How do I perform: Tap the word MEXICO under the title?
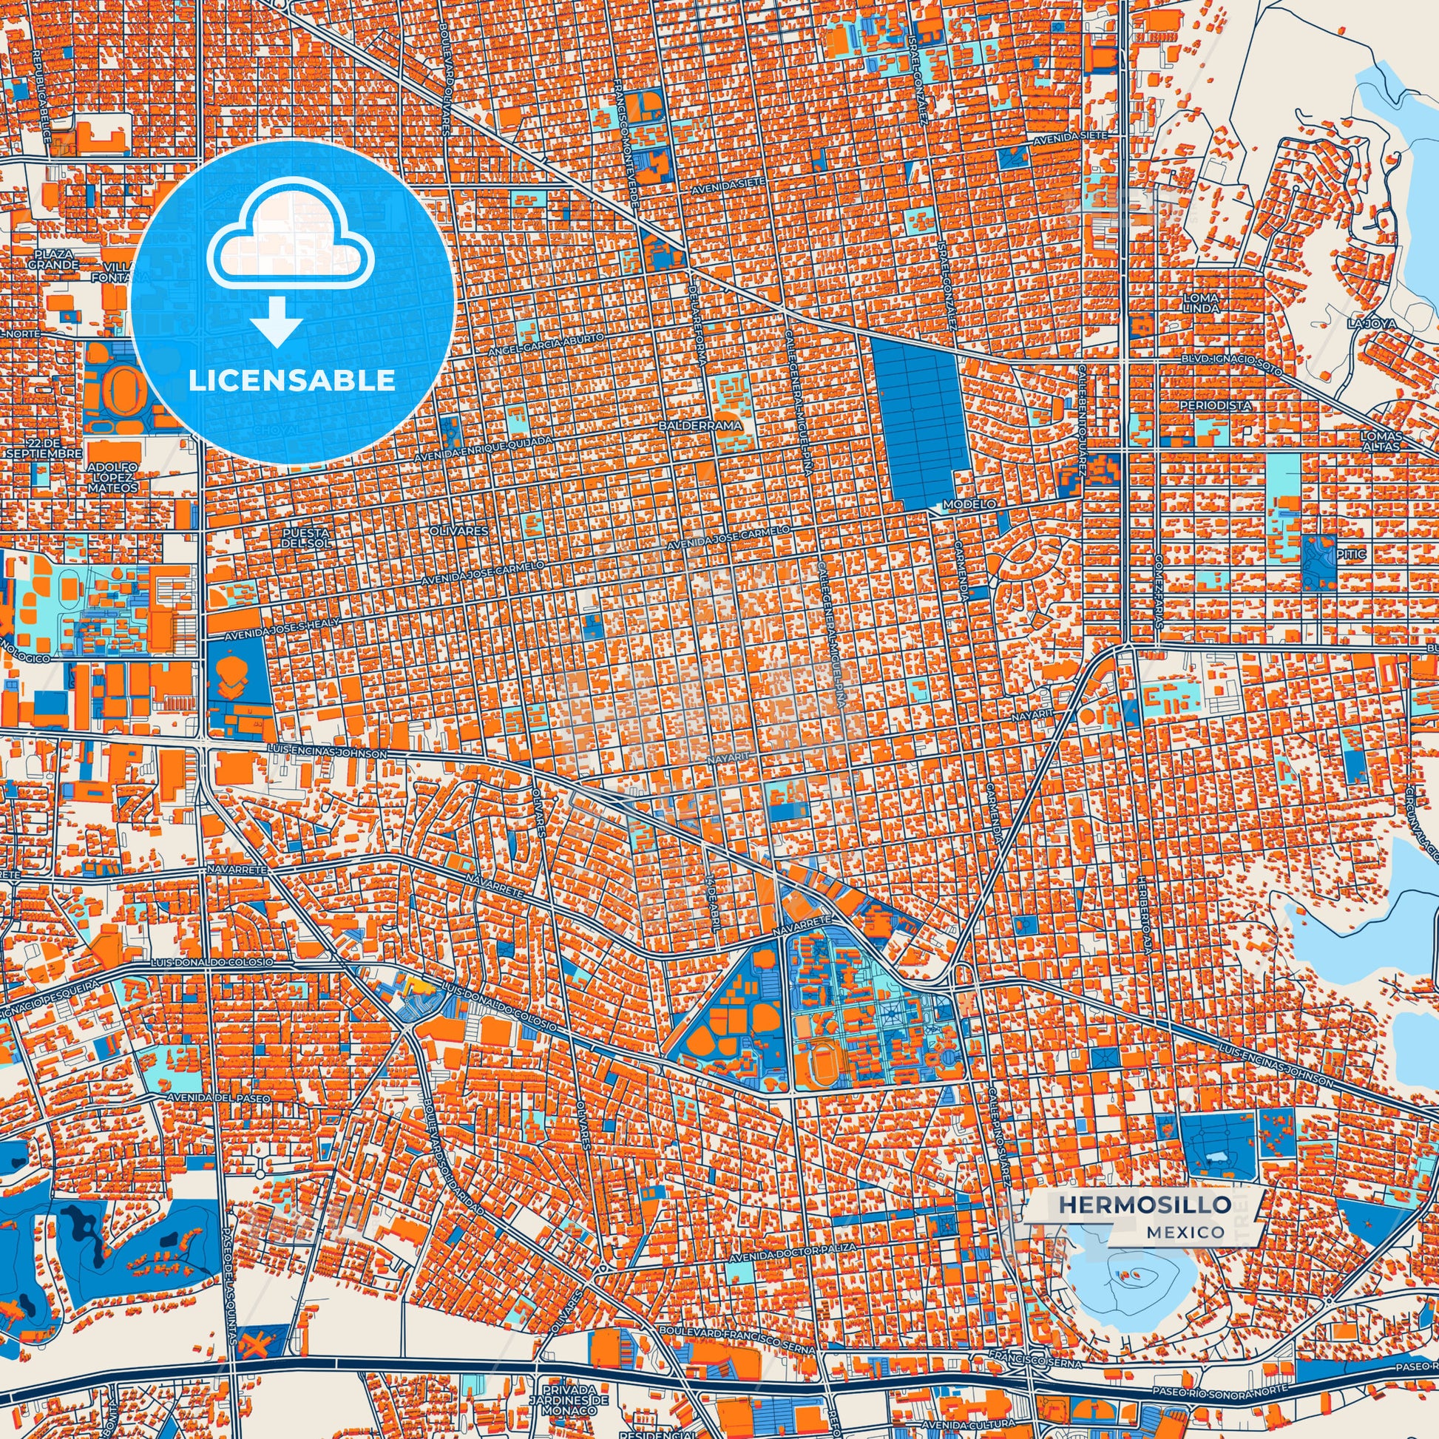(x=1185, y=1232)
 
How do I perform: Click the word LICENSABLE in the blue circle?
(x=292, y=381)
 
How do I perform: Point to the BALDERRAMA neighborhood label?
(x=700, y=425)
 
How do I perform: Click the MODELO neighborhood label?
(x=969, y=504)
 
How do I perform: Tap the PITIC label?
(x=1350, y=554)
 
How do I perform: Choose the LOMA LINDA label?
(x=1201, y=302)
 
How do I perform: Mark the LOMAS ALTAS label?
(x=1381, y=441)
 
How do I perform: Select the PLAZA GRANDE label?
(x=55, y=260)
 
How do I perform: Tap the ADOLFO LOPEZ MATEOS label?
(x=112, y=477)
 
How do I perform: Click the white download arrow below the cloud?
(x=277, y=321)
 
